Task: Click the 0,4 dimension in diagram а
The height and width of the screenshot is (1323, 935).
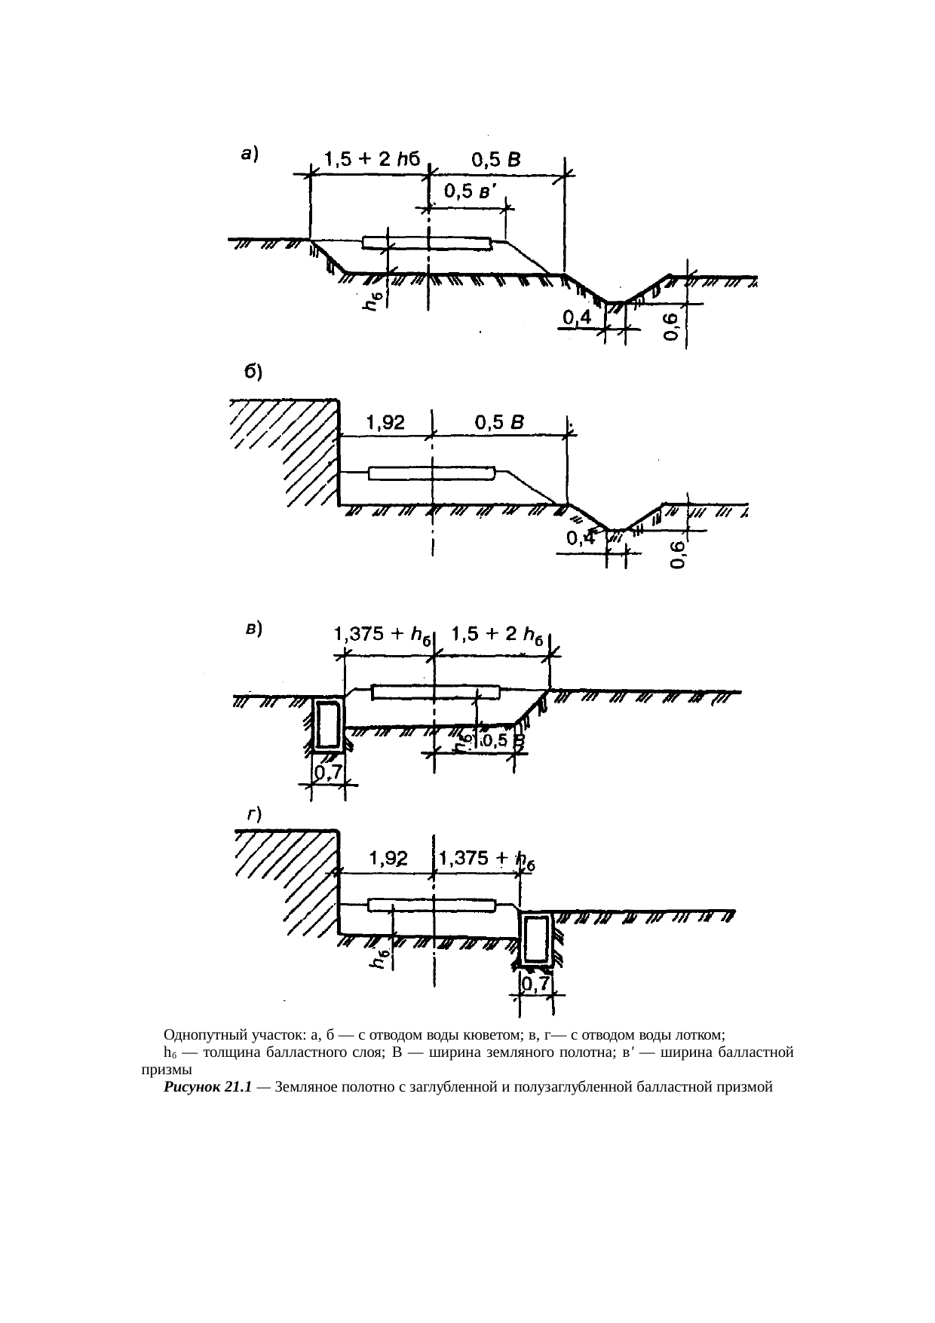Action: point(577,320)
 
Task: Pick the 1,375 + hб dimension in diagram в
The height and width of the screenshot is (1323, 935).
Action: point(382,636)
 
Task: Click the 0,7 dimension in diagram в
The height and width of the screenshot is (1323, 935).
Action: point(329,773)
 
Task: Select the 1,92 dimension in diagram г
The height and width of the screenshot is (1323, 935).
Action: point(388,859)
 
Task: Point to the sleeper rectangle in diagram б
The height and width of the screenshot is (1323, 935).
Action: point(432,473)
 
